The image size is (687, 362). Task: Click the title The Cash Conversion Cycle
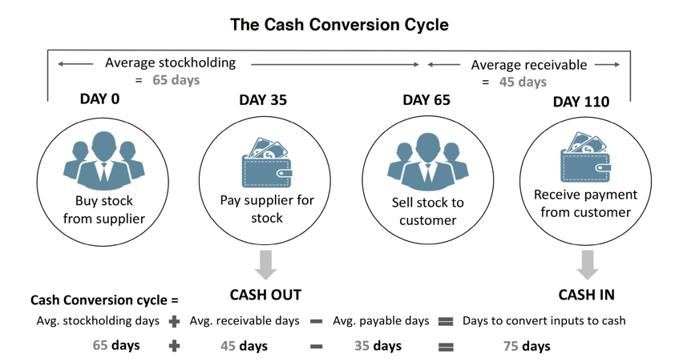click(339, 25)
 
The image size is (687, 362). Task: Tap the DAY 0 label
click(99, 99)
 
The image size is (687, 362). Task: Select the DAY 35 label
click(263, 100)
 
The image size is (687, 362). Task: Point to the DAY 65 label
click(426, 100)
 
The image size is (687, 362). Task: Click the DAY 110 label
click(581, 102)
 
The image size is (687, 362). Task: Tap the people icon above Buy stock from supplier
click(103, 161)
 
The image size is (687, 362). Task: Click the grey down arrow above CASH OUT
click(265, 263)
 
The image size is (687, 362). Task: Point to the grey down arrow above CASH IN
click(588, 263)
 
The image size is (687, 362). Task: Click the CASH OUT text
click(265, 295)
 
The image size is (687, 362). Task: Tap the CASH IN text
click(587, 295)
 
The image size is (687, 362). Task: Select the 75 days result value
click(526, 346)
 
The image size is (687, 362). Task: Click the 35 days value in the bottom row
click(378, 346)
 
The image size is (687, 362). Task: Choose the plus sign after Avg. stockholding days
click(174, 321)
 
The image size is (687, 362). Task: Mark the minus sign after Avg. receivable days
click(317, 321)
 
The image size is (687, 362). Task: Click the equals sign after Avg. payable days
click(446, 321)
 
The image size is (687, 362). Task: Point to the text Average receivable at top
click(528, 65)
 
